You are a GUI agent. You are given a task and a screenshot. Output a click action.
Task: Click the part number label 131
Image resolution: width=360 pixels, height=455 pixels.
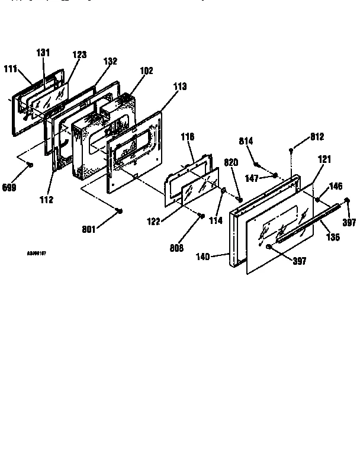(x=43, y=52)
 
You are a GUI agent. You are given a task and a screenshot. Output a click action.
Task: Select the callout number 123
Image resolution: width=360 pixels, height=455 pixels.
(x=79, y=55)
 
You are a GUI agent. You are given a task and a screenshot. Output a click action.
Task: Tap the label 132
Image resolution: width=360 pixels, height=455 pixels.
(x=110, y=61)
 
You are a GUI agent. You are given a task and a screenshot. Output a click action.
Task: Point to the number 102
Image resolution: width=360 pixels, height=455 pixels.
(x=146, y=71)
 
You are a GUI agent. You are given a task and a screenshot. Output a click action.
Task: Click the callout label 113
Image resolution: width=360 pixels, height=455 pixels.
(x=179, y=86)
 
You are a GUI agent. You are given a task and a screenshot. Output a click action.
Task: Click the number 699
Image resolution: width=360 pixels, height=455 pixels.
(x=9, y=188)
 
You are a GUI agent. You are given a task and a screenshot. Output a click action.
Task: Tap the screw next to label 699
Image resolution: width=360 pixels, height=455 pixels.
(x=30, y=166)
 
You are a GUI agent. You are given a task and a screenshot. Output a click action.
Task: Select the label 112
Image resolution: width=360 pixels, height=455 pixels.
(x=47, y=200)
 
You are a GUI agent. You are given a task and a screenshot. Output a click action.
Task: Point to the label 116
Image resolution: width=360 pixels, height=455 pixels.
(x=187, y=137)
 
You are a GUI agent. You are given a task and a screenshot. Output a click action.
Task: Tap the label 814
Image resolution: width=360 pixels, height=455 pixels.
(x=246, y=141)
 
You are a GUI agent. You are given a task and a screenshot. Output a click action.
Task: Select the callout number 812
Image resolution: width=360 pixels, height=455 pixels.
(x=317, y=137)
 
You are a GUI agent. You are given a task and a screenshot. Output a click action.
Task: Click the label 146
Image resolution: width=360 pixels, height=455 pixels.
(x=336, y=186)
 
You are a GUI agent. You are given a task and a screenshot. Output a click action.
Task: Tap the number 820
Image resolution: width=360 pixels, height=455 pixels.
(x=231, y=162)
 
